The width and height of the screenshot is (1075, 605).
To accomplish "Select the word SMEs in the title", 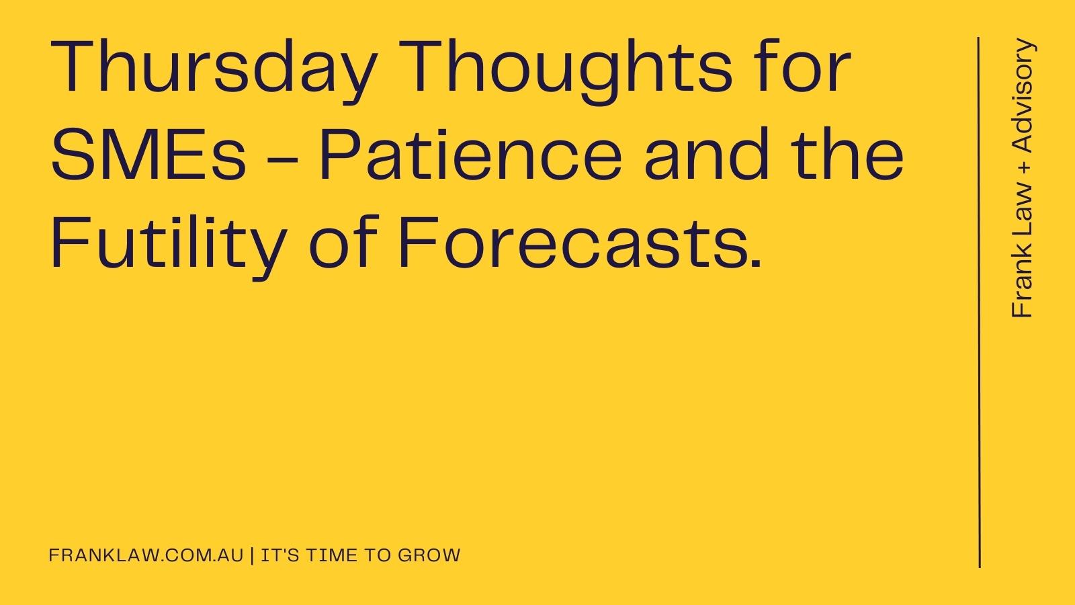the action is [x=148, y=155].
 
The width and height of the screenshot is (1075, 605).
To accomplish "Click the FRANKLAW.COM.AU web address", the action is [x=146, y=555].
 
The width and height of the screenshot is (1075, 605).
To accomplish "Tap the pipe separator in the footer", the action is [x=253, y=555].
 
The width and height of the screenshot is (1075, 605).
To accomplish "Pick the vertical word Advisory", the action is [x=1023, y=95].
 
